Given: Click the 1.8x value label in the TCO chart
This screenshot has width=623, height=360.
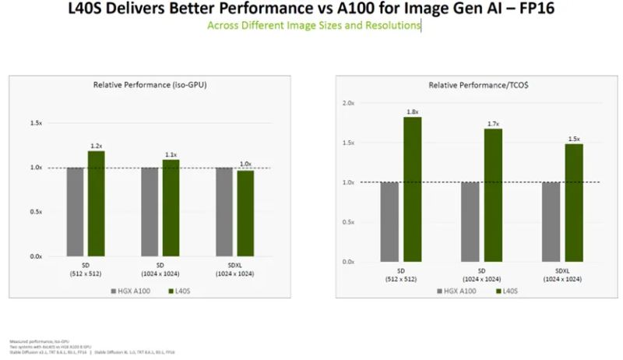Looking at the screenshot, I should [x=413, y=112].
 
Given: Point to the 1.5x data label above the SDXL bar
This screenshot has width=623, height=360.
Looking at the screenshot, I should [x=574, y=139].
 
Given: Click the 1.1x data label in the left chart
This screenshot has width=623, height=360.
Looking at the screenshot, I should [x=171, y=155].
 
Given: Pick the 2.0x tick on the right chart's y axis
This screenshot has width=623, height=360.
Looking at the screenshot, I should [x=348, y=104].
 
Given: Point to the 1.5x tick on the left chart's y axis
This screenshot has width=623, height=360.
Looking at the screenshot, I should [x=36, y=123].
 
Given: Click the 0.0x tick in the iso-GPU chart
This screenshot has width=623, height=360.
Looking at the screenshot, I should [x=36, y=256].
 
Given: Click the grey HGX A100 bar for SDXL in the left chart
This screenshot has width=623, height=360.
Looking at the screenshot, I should [x=224, y=211].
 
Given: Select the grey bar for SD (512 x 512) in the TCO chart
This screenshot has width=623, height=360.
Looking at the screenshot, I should [x=389, y=221].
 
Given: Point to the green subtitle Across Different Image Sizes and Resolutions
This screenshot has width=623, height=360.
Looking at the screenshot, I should [x=313, y=26].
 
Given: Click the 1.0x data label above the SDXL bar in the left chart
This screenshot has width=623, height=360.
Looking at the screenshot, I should [x=245, y=164].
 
